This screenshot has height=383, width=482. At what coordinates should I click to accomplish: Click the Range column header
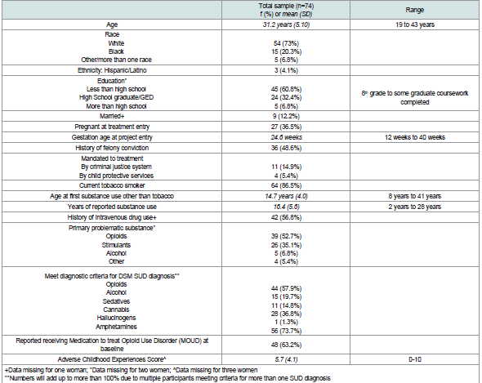(414, 10)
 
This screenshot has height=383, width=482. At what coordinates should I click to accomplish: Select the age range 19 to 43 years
(415, 24)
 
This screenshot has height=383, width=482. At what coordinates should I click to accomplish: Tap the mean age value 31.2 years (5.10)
(286, 24)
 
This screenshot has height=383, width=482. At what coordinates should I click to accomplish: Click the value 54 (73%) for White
(286, 43)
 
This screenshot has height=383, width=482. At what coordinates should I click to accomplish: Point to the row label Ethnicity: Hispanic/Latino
(112, 70)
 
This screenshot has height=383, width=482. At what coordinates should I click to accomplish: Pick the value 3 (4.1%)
(286, 70)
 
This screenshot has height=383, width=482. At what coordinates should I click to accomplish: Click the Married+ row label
(112, 116)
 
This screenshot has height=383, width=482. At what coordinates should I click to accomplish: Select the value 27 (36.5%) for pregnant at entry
(286, 127)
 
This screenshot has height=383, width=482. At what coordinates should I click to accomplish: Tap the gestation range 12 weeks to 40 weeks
(415, 137)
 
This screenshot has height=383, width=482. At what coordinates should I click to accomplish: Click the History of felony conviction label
(112, 148)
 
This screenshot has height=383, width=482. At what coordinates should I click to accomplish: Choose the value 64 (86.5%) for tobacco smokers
(286, 185)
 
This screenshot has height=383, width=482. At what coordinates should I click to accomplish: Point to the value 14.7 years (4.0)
(286, 196)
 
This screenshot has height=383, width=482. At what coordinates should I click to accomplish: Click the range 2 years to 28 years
(415, 207)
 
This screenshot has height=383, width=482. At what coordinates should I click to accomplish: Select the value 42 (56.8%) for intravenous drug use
(286, 217)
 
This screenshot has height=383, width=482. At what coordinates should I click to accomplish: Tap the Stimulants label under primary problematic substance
(116, 245)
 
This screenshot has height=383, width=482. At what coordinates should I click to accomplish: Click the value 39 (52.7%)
(286, 236)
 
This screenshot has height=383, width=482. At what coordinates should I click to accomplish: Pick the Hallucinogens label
(116, 318)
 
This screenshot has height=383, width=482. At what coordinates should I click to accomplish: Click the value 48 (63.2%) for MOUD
(286, 345)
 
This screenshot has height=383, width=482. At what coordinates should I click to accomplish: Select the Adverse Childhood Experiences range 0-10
(415, 359)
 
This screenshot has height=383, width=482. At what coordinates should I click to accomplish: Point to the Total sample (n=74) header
(286, 6)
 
